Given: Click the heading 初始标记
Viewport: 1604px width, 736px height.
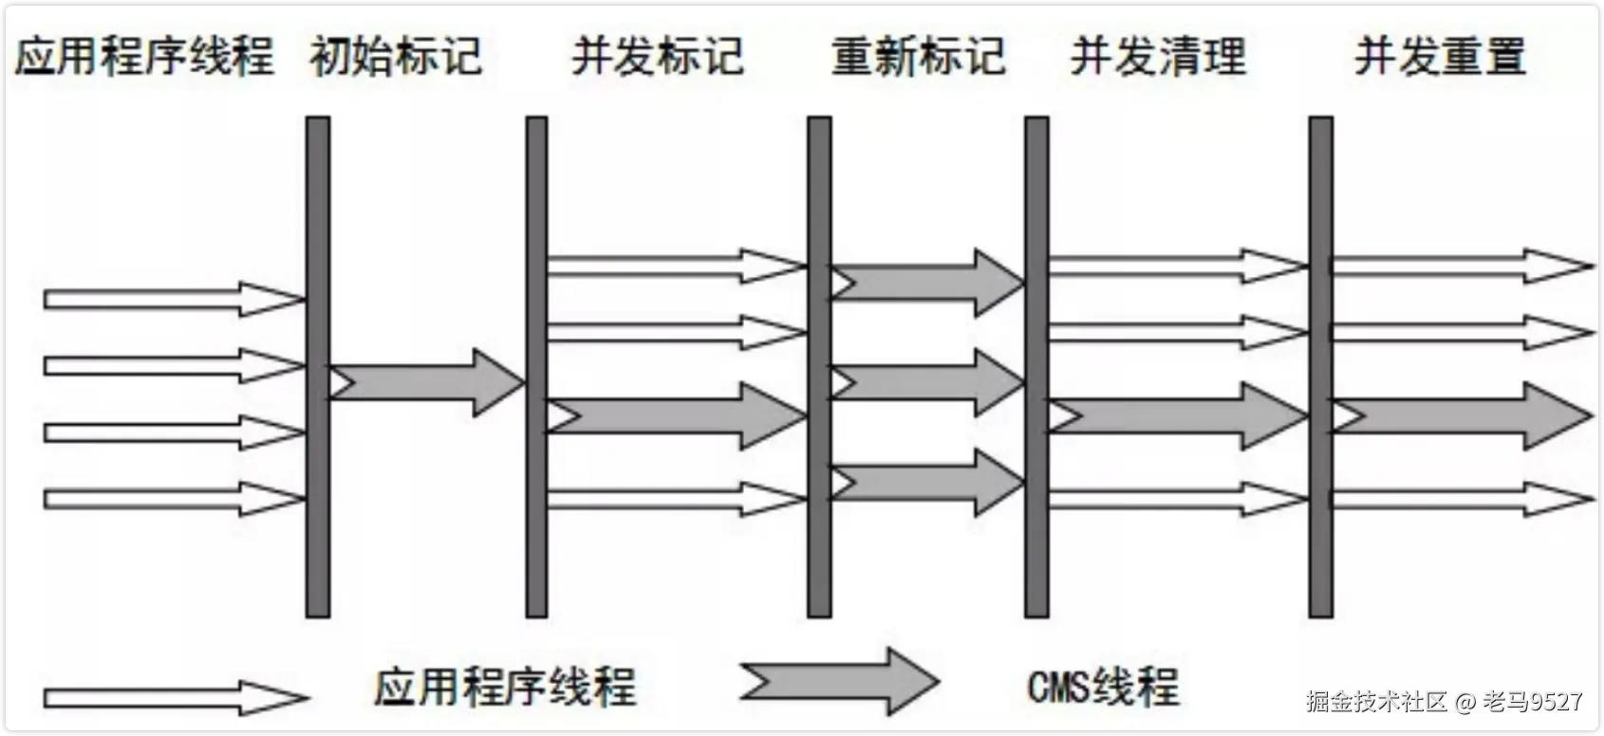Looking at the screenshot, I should pos(396,57).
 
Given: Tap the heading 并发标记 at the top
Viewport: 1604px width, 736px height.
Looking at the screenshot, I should pos(657,57).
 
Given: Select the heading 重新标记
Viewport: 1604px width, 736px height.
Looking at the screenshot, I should pos(918,57).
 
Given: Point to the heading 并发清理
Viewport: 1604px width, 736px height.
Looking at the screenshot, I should pos(1158,57).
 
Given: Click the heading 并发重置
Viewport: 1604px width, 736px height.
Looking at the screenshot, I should pos(1440,57).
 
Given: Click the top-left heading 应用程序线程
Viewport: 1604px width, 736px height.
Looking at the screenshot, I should pos(144,57).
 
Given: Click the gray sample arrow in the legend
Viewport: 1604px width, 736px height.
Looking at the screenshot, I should pos(840,681).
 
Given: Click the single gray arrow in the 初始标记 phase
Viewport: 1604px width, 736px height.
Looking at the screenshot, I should pos(427,382).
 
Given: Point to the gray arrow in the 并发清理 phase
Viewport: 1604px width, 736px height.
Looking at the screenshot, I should pos(1177,415).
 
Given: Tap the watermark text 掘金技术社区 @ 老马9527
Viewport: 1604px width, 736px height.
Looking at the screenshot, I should pos(1444,702).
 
